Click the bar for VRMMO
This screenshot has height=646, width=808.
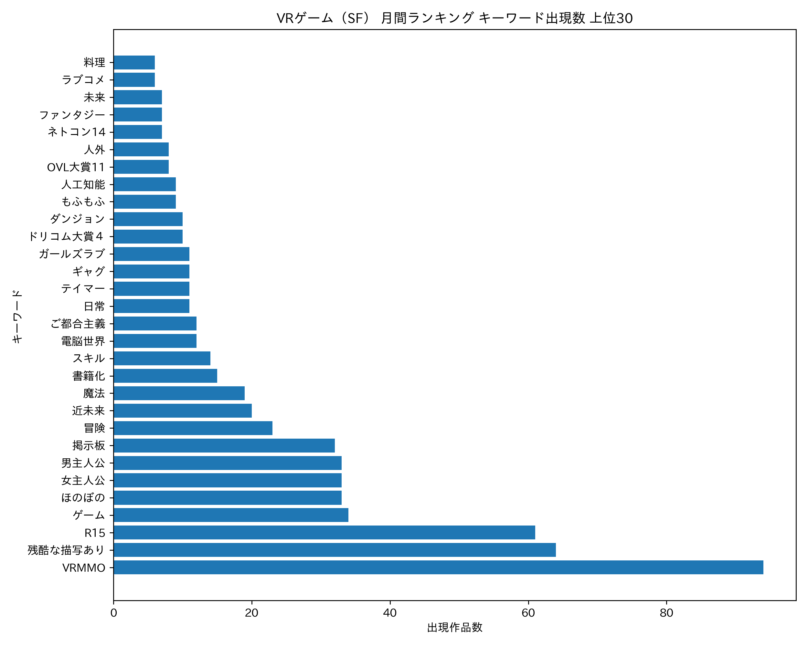[438, 568]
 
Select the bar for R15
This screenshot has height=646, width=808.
[324, 533]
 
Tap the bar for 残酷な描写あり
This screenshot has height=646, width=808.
[334, 550]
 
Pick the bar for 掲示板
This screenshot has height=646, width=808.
[224, 446]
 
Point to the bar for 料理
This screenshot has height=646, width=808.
[134, 63]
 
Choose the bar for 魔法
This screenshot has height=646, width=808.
[179, 393]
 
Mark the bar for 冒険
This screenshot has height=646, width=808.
[193, 428]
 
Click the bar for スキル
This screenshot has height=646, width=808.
[162, 359]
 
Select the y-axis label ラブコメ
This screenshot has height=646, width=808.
[83, 80]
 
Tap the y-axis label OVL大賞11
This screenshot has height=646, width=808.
[76, 167]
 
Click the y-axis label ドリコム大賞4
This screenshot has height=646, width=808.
[66, 236]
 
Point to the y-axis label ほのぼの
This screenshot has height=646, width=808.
[83, 498]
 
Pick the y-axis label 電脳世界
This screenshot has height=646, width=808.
[83, 341]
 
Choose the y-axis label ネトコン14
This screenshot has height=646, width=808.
[77, 132]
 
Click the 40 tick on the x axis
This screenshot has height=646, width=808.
[390, 613]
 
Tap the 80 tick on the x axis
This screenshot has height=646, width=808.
[666, 613]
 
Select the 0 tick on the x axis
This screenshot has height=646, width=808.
[113, 613]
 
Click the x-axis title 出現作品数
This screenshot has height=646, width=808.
[455, 628]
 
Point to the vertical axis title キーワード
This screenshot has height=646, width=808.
[17, 317]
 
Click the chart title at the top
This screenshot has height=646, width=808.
[455, 18]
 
